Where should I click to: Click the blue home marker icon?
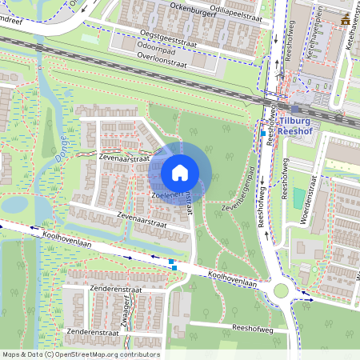coord(180,172)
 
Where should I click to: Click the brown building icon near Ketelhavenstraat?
coord(342,17)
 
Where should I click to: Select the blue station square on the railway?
coord(296,110)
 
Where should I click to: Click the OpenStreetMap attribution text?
coord(81,354)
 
